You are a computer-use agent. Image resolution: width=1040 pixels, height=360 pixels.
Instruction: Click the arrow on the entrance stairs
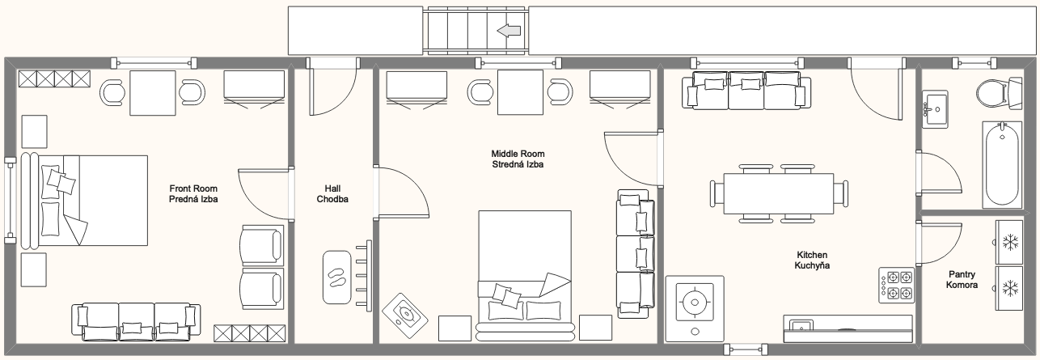(x=509, y=31)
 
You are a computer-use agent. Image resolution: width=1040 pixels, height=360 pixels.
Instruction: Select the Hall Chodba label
(x=332, y=193)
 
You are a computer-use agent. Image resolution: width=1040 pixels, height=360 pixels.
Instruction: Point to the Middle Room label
(x=518, y=154)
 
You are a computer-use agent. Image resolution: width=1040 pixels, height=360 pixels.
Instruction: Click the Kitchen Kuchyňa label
(x=812, y=260)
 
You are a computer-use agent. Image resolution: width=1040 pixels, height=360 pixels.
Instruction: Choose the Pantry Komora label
(x=962, y=280)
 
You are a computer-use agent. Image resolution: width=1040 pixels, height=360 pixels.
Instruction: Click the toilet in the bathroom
(x=999, y=94)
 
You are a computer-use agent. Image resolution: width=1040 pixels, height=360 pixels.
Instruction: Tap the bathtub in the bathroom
(x=1002, y=165)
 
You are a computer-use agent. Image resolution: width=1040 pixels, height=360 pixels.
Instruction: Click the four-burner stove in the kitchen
(x=896, y=286)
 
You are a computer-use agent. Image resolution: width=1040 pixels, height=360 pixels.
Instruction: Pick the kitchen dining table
(x=779, y=193)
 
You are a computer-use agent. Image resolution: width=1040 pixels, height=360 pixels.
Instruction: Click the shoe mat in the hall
(x=337, y=277)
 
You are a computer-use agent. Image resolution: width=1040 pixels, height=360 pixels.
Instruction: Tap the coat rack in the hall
(x=364, y=276)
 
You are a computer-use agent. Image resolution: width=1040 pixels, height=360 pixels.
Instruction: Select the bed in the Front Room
(x=84, y=200)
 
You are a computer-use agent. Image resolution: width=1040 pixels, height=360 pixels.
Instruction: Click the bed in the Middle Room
(x=525, y=276)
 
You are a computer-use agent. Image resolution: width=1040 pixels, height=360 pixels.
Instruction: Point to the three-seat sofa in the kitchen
(x=746, y=91)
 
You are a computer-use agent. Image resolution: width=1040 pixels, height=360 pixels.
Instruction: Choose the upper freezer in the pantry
(x=1009, y=242)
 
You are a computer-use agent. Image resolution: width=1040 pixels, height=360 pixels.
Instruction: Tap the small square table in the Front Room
(x=152, y=93)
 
